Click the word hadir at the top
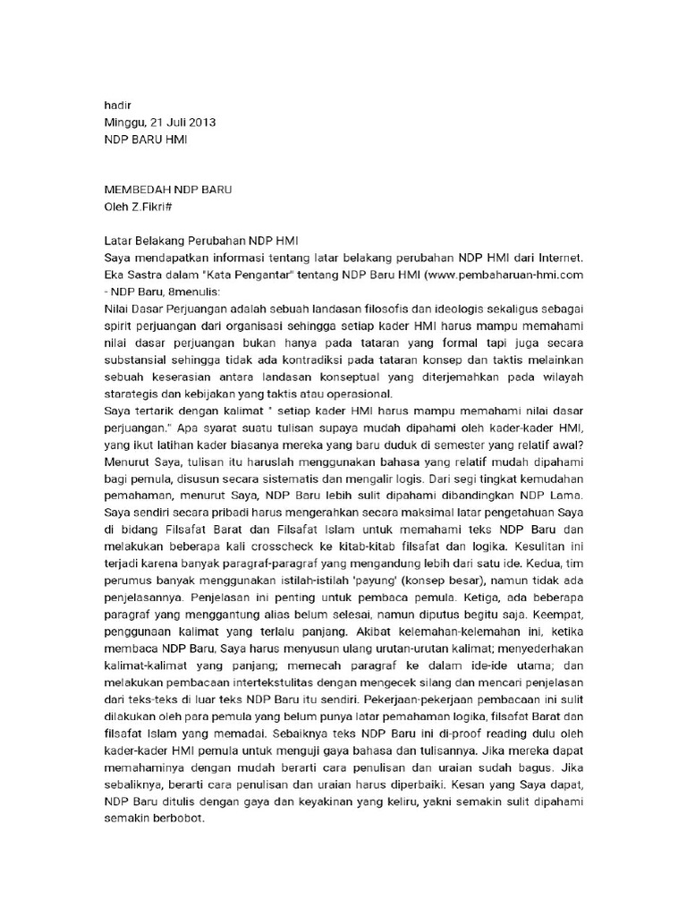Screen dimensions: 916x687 [118, 106]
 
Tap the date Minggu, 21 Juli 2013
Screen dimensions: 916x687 [159, 123]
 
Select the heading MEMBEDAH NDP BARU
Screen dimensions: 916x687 [168, 191]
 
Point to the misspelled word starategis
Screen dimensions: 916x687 [136, 394]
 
